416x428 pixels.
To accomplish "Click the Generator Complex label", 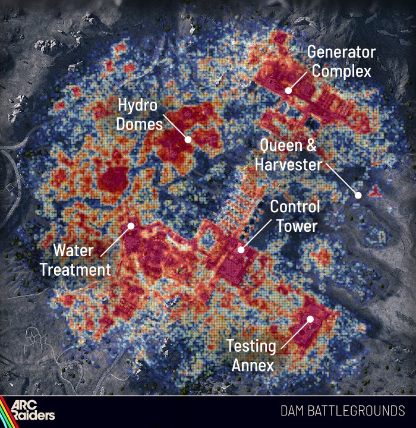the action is pos(341,62).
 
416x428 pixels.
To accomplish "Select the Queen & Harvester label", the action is pos(288,155).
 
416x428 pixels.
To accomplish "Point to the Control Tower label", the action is pos(295,216).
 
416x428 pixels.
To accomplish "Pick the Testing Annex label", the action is pos(251,355).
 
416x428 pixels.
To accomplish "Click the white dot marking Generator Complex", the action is pos(288,91).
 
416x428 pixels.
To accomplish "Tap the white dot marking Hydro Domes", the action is pos(188,140).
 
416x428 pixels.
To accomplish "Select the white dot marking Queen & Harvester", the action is pos(358,195).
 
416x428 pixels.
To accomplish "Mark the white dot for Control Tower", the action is pos(241,250).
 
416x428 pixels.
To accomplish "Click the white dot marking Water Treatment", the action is pos(131,226).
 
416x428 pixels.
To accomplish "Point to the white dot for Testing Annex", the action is pos(310,319).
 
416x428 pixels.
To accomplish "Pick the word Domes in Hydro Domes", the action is pos(140,124).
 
